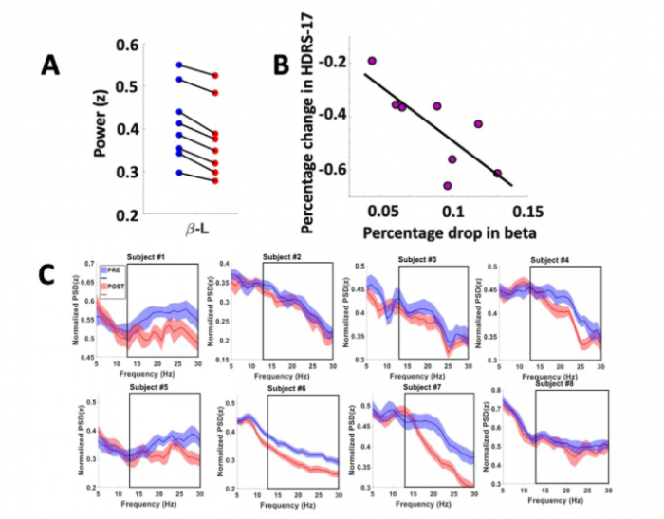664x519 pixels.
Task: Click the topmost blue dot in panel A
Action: click(x=179, y=65)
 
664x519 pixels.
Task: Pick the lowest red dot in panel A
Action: click(x=215, y=180)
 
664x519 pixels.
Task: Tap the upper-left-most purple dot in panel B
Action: click(x=372, y=60)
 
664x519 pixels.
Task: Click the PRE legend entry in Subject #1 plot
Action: click(x=115, y=270)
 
